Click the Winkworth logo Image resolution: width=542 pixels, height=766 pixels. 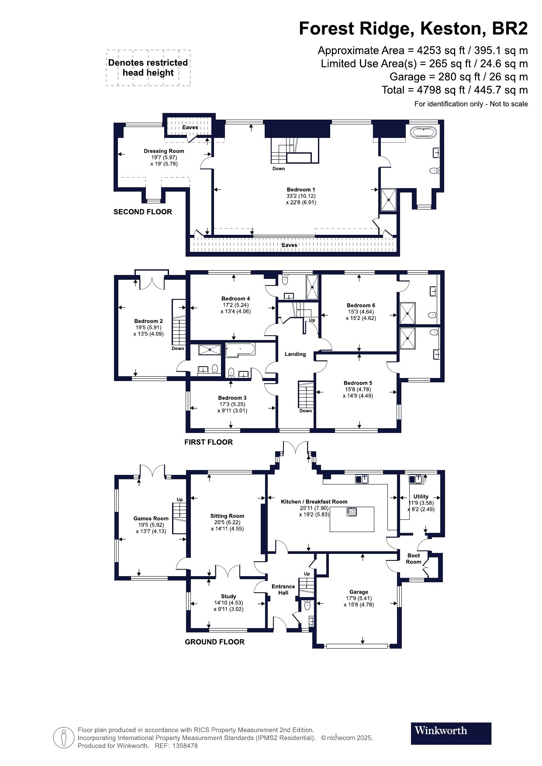451,733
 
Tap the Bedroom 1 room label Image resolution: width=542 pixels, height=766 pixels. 301,189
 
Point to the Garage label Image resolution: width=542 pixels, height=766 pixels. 359,592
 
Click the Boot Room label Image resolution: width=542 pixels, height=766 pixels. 414,559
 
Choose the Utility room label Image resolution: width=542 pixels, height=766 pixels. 421,496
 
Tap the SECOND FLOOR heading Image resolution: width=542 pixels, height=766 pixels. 143,212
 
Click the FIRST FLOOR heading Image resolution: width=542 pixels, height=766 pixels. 208,442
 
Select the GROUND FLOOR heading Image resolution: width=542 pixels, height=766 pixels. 214,642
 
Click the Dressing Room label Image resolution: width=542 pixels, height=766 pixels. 164,151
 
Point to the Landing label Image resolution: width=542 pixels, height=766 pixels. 295,354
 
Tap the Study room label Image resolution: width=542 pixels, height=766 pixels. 228,596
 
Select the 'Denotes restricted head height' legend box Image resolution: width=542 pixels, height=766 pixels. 148,68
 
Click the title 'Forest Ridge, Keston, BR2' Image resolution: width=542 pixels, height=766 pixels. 413,29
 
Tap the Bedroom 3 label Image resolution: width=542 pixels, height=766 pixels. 232,398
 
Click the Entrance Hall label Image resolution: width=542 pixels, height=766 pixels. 283,589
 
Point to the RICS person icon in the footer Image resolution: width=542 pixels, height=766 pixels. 64,738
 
